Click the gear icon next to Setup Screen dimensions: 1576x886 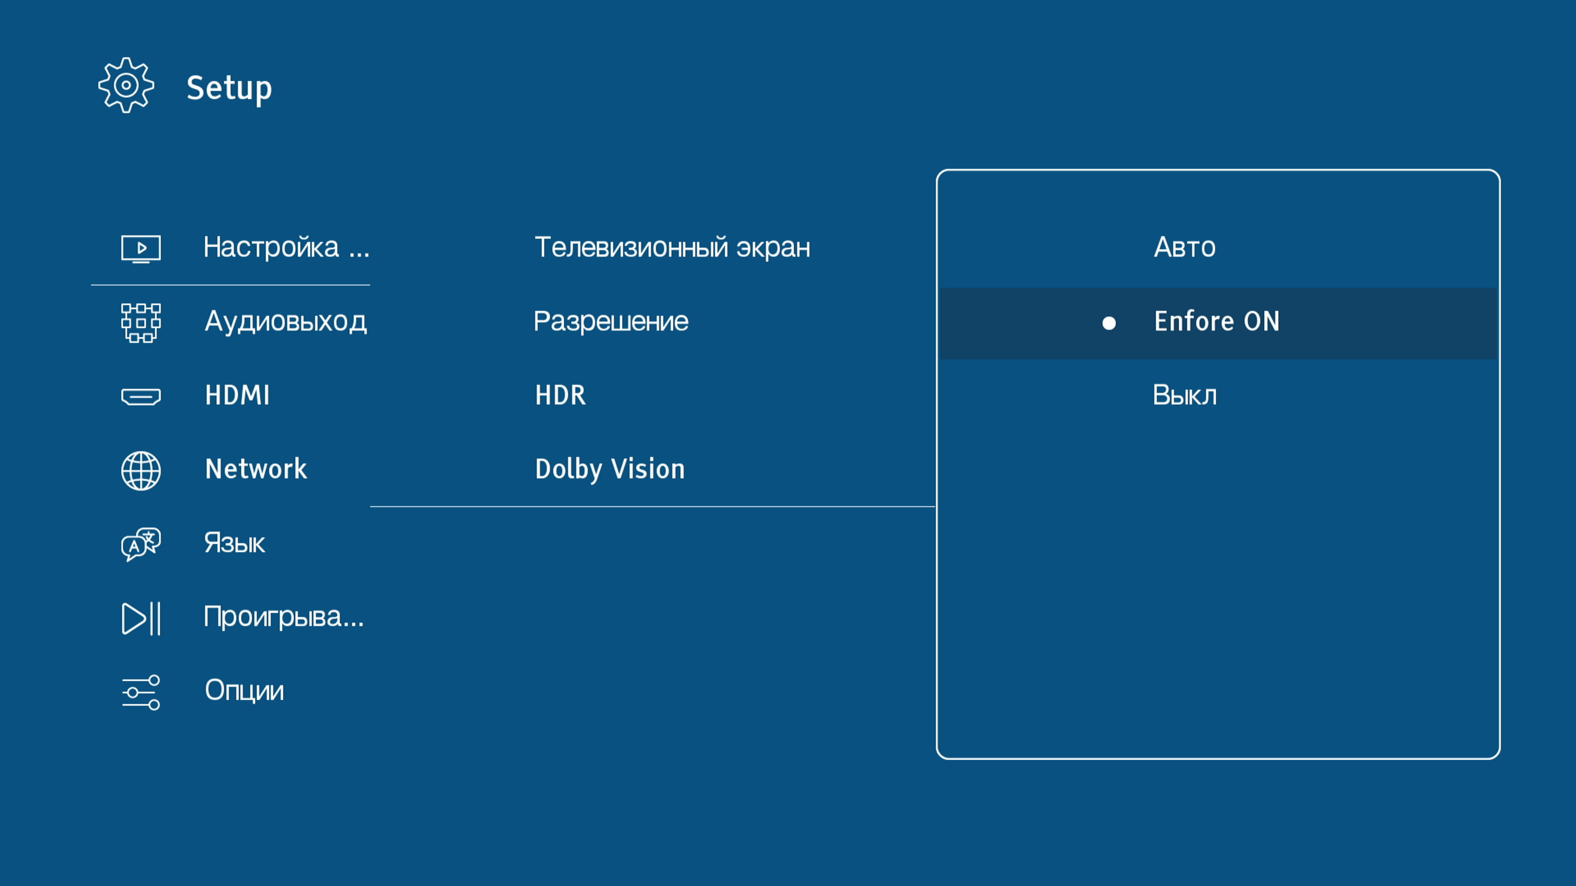pyautogui.click(x=126, y=85)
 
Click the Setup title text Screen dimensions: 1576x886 pyautogui.click(x=229, y=88)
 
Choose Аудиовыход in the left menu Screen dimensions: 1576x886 pyautogui.click(x=286, y=322)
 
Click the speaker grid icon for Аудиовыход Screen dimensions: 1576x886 pyautogui.click(x=141, y=323)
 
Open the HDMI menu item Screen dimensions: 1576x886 pyautogui.click(x=237, y=395)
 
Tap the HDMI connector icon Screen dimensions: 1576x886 pyautogui.click(x=141, y=397)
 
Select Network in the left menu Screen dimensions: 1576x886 pyautogui.click(x=256, y=469)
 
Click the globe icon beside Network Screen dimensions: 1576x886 pyautogui.click(x=141, y=471)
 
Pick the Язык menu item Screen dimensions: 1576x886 pyautogui.click(x=234, y=543)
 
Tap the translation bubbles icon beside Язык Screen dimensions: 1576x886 pyautogui.click(x=141, y=544)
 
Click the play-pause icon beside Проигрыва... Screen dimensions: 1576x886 pyautogui.click(x=141, y=618)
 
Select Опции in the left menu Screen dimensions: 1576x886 pyautogui.click(x=244, y=690)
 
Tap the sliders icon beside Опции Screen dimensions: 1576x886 pyautogui.click(x=141, y=692)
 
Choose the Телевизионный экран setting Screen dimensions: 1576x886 pyautogui.click(x=672, y=247)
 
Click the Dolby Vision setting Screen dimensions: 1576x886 pyautogui.click(x=610, y=469)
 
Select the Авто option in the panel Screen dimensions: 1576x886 pyautogui.click(x=1184, y=247)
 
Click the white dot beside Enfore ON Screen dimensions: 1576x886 pyautogui.click(x=1109, y=323)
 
